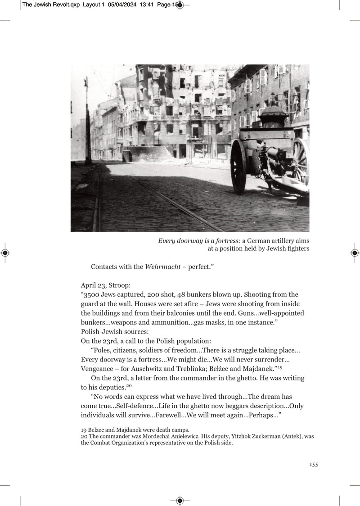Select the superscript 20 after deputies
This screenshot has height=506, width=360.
tap(129, 386)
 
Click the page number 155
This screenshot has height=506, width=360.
tap(314, 465)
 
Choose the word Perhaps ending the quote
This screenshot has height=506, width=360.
tap(265, 415)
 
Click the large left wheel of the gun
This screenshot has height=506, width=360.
tap(238, 166)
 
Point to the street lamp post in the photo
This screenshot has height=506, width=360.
tap(87, 122)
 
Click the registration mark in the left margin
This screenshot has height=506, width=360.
tap(5, 253)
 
